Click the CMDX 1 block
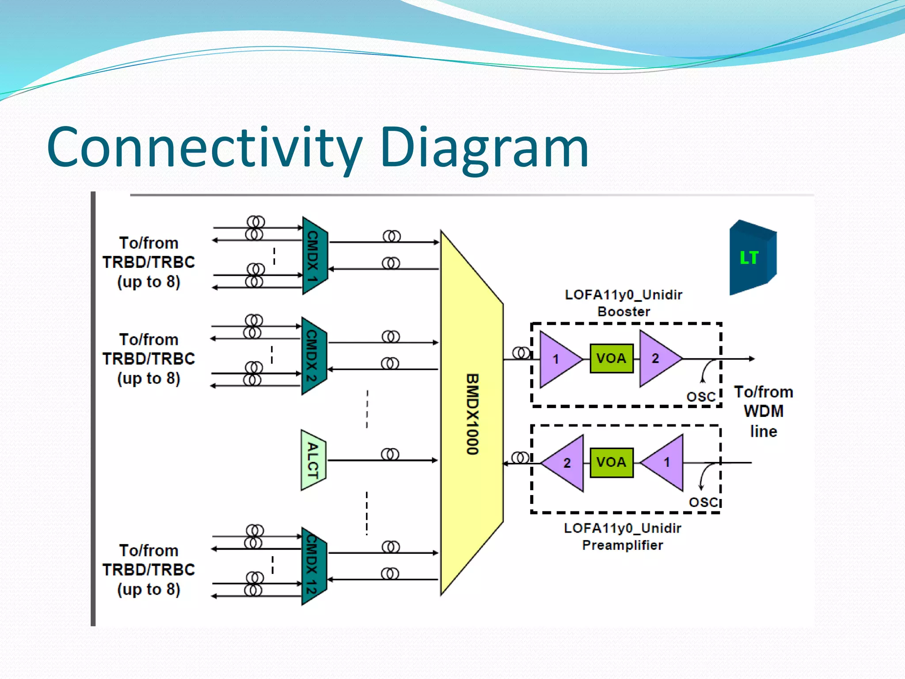314,256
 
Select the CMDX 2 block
313,355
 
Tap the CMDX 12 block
313,566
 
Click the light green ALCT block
313,460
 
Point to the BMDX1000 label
472,414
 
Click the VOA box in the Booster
611,358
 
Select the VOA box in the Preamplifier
611,462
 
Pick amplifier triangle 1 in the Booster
557,359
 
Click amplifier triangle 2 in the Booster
657,359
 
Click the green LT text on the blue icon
749,258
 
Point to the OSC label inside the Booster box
701,397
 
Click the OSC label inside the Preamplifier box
703,502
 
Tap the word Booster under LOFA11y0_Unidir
624,312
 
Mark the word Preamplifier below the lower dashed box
622,545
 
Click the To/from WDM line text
763,412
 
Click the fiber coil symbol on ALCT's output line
390,454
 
